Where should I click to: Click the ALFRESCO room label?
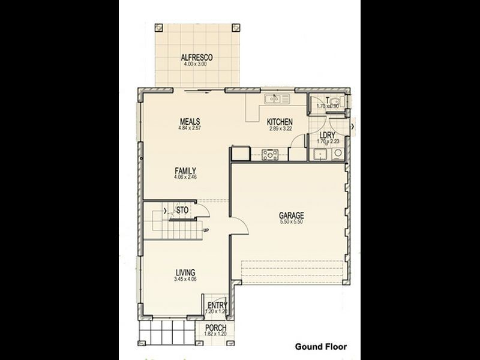coord(197,58)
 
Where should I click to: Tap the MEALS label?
coord(189,121)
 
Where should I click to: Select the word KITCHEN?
coord(280,122)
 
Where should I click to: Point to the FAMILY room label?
coord(186,170)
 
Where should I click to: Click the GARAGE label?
coord(291,215)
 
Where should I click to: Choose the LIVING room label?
coord(185,272)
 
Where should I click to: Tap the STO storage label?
coord(182,211)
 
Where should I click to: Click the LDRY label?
coord(328,135)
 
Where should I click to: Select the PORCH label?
coord(215,328)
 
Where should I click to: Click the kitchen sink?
coord(277,99)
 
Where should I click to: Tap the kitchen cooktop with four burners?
coord(269,155)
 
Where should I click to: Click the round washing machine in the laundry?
coord(337,154)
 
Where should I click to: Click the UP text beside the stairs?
coord(206,230)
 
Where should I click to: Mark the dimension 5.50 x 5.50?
coord(291,222)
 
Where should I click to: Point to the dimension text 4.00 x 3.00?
coord(197,64)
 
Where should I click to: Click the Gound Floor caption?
coord(320,346)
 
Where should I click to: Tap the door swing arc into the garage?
coord(239,223)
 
